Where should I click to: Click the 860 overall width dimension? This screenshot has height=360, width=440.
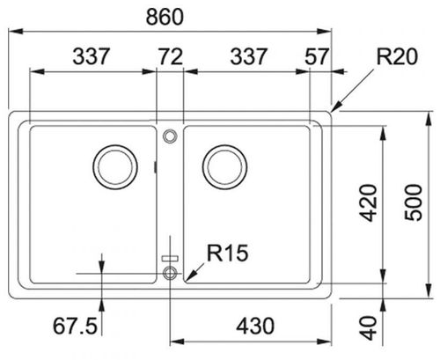pos(165,17)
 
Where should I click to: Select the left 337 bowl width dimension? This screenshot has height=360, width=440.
pos(91,56)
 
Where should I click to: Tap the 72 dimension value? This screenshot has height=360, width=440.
pos(171,56)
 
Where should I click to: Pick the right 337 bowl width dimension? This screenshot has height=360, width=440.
pos(249,56)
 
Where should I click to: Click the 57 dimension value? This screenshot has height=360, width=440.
pos(317,56)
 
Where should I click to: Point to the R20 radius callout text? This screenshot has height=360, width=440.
pos(397,56)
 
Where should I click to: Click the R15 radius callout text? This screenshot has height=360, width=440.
pos(228,253)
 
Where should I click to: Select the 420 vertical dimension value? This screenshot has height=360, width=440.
pos(369,202)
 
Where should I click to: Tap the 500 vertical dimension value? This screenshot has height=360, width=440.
pos(414,202)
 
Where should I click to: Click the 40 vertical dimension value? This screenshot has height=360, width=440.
pos(369,327)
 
